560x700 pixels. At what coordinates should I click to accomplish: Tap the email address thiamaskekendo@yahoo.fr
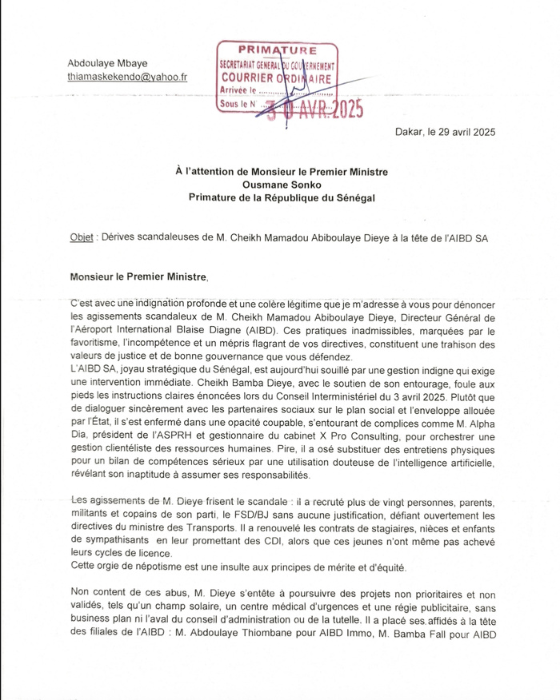(127, 78)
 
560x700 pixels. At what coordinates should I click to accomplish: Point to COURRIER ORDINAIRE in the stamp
(275, 78)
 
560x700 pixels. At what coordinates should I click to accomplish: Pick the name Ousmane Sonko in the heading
(276, 184)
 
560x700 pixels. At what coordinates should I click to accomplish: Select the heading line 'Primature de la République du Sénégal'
(276, 197)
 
